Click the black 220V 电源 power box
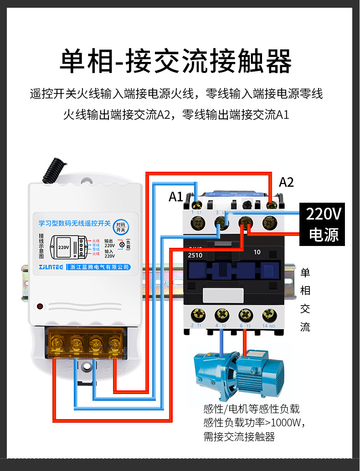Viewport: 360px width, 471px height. coord(322,224)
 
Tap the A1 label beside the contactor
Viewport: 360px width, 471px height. coord(176,197)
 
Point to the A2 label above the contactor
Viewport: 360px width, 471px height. coord(286,182)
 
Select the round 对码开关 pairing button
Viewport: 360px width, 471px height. coord(120,227)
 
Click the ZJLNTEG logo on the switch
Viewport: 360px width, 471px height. coord(51,267)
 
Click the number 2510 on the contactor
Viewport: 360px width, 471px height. coord(195,255)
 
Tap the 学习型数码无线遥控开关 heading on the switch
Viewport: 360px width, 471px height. coord(75,223)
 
